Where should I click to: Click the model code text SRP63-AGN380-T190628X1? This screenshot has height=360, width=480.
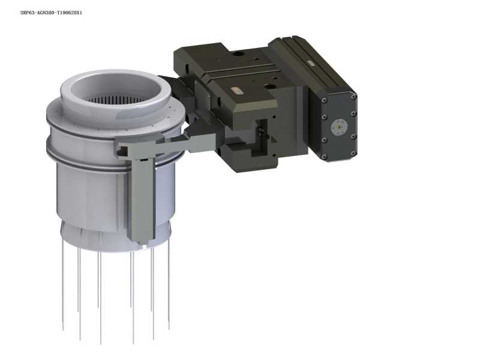51,13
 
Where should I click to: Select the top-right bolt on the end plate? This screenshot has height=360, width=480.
353,97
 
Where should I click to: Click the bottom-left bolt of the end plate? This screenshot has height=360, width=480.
324,157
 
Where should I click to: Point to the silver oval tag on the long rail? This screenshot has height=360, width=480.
310,63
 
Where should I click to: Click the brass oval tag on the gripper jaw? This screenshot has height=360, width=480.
236,91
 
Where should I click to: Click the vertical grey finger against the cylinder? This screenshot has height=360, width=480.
142,200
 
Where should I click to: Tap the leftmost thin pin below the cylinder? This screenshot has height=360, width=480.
63,284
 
